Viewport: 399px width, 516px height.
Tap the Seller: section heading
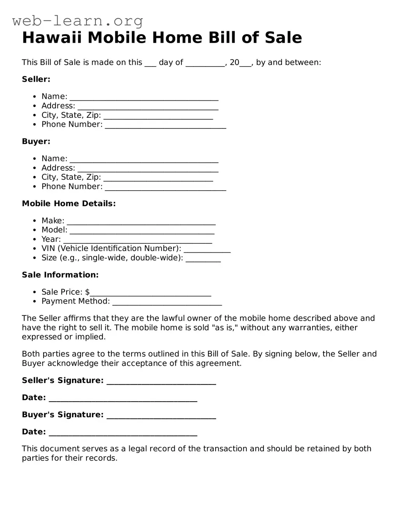(36, 79)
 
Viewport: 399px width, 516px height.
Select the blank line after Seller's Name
(144, 97)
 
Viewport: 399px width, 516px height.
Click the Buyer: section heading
(36, 142)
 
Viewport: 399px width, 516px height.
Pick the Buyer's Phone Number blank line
(165, 187)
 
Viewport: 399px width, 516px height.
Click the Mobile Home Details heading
(69, 204)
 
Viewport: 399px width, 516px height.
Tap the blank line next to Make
(141, 222)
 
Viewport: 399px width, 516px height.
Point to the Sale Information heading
(60, 275)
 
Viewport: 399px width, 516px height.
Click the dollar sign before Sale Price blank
(87, 292)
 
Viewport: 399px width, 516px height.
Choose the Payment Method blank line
(167, 302)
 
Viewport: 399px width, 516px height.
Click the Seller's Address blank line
(148, 107)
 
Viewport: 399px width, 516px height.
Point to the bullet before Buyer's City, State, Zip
(35, 178)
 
